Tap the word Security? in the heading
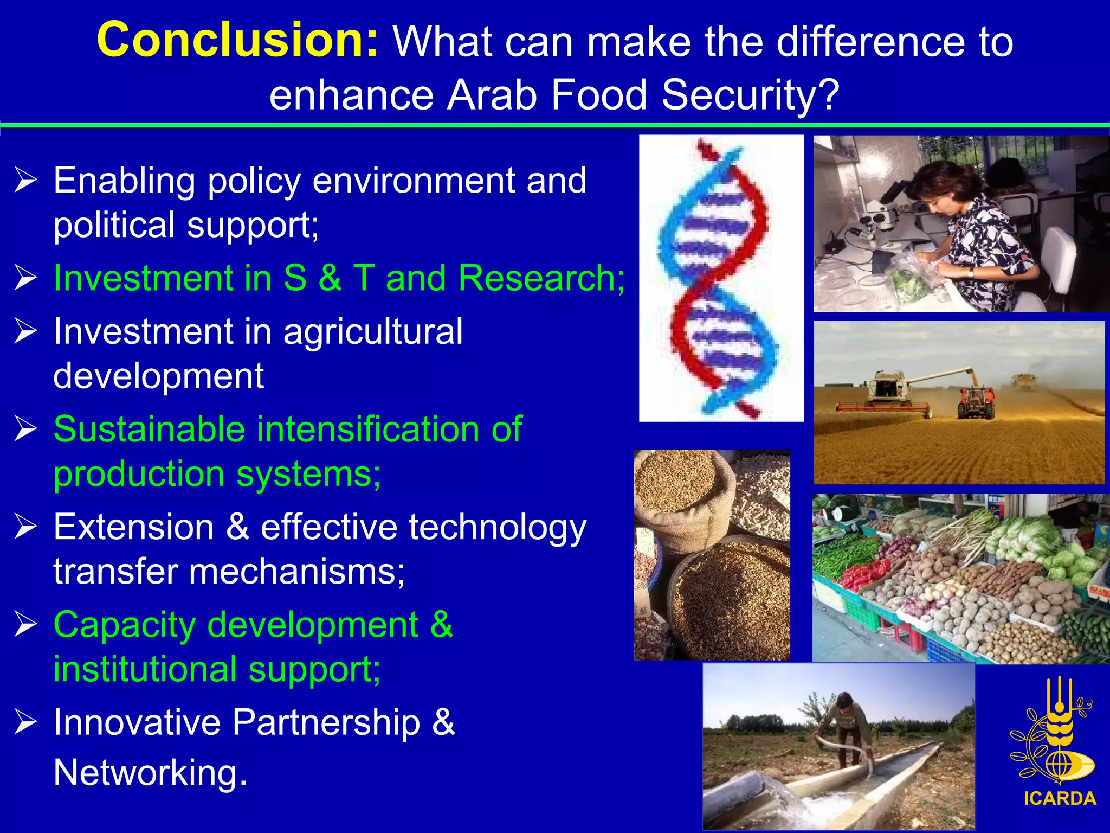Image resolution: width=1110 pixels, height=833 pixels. coord(750,95)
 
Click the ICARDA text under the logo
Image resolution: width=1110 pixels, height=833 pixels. coord(1060,798)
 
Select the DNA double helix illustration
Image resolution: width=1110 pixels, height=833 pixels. coord(721,278)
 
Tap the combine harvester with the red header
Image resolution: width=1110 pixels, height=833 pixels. coord(889,393)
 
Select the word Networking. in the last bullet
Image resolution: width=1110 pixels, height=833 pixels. coord(151,772)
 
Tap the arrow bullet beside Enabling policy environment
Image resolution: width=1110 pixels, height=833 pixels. coord(25,180)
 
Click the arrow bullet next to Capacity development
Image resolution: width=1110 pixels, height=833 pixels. coord(25,624)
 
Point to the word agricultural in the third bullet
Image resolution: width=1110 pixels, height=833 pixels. coord(373,331)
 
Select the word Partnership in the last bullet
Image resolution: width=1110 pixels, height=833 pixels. coord(326,722)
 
